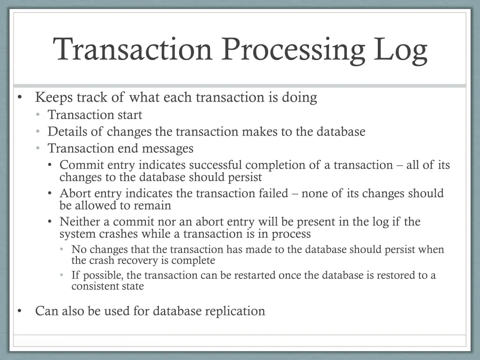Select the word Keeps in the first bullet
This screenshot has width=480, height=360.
53,97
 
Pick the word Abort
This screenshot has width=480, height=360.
73,193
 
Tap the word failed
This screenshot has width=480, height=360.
272,193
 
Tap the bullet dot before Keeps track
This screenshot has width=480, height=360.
19,97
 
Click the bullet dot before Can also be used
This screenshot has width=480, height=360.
19,311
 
